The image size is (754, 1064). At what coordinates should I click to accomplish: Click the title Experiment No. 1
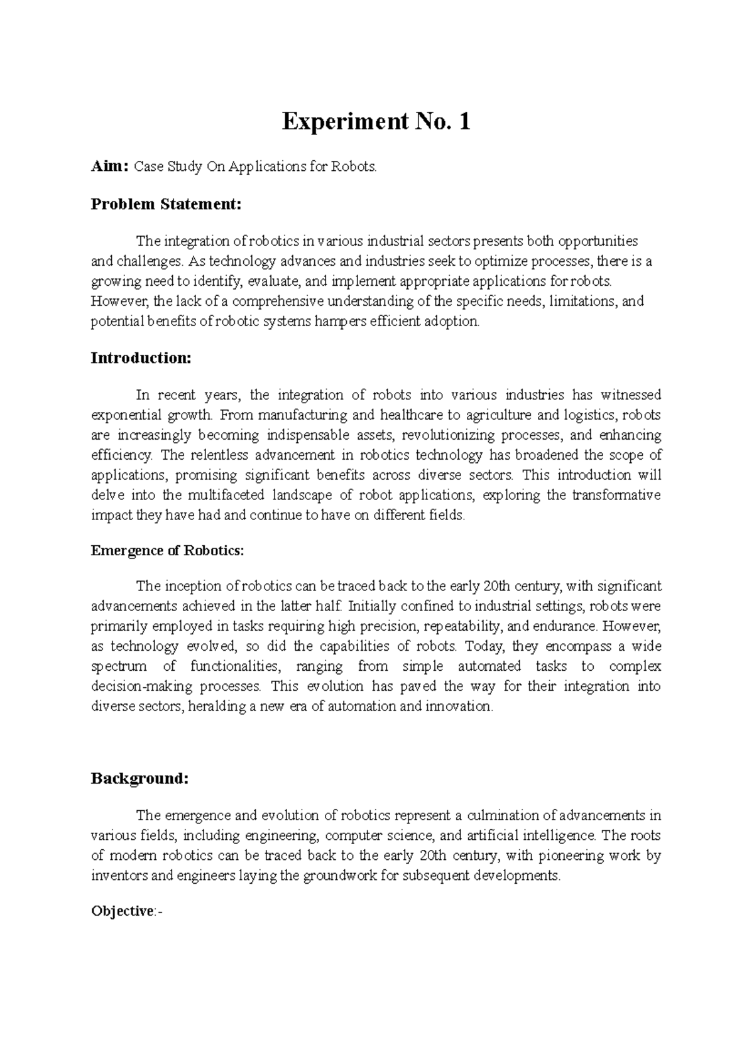tap(376, 121)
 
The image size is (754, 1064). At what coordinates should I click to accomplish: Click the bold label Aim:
tap(109, 167)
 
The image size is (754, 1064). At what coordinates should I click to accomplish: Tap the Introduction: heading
tap(141, 358)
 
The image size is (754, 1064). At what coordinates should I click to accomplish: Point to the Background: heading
tap(139, 778)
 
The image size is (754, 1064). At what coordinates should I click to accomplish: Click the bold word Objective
tap(122, 911)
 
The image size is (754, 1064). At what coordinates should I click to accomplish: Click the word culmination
tap(503, 816)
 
